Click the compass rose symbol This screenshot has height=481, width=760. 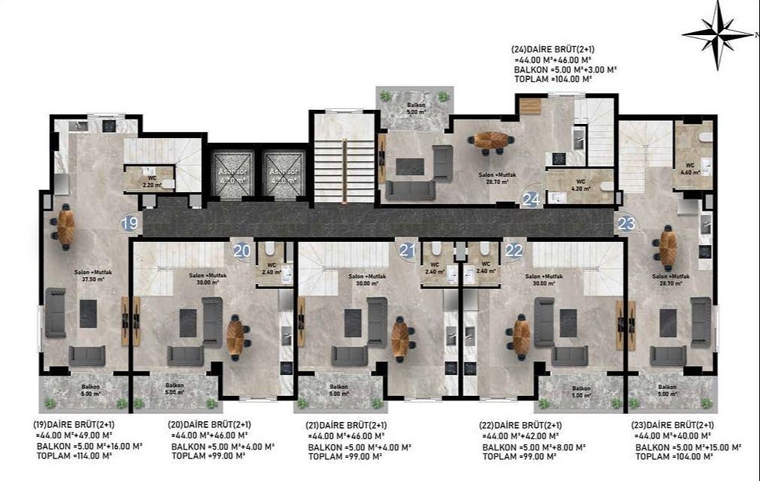717,34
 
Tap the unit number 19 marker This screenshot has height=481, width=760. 130,223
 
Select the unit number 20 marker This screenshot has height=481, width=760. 241,252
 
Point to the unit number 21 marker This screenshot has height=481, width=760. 407,251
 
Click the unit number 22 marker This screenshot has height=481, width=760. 513,251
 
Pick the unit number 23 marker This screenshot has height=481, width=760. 626,223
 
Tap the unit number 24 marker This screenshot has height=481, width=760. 531,199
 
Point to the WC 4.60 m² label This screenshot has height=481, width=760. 690,170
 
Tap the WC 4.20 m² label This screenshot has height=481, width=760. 580,184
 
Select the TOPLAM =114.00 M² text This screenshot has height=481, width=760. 74,455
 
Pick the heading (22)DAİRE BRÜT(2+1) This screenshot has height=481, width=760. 521,425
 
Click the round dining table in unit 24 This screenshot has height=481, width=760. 492,140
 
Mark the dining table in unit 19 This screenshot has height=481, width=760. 66,226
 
